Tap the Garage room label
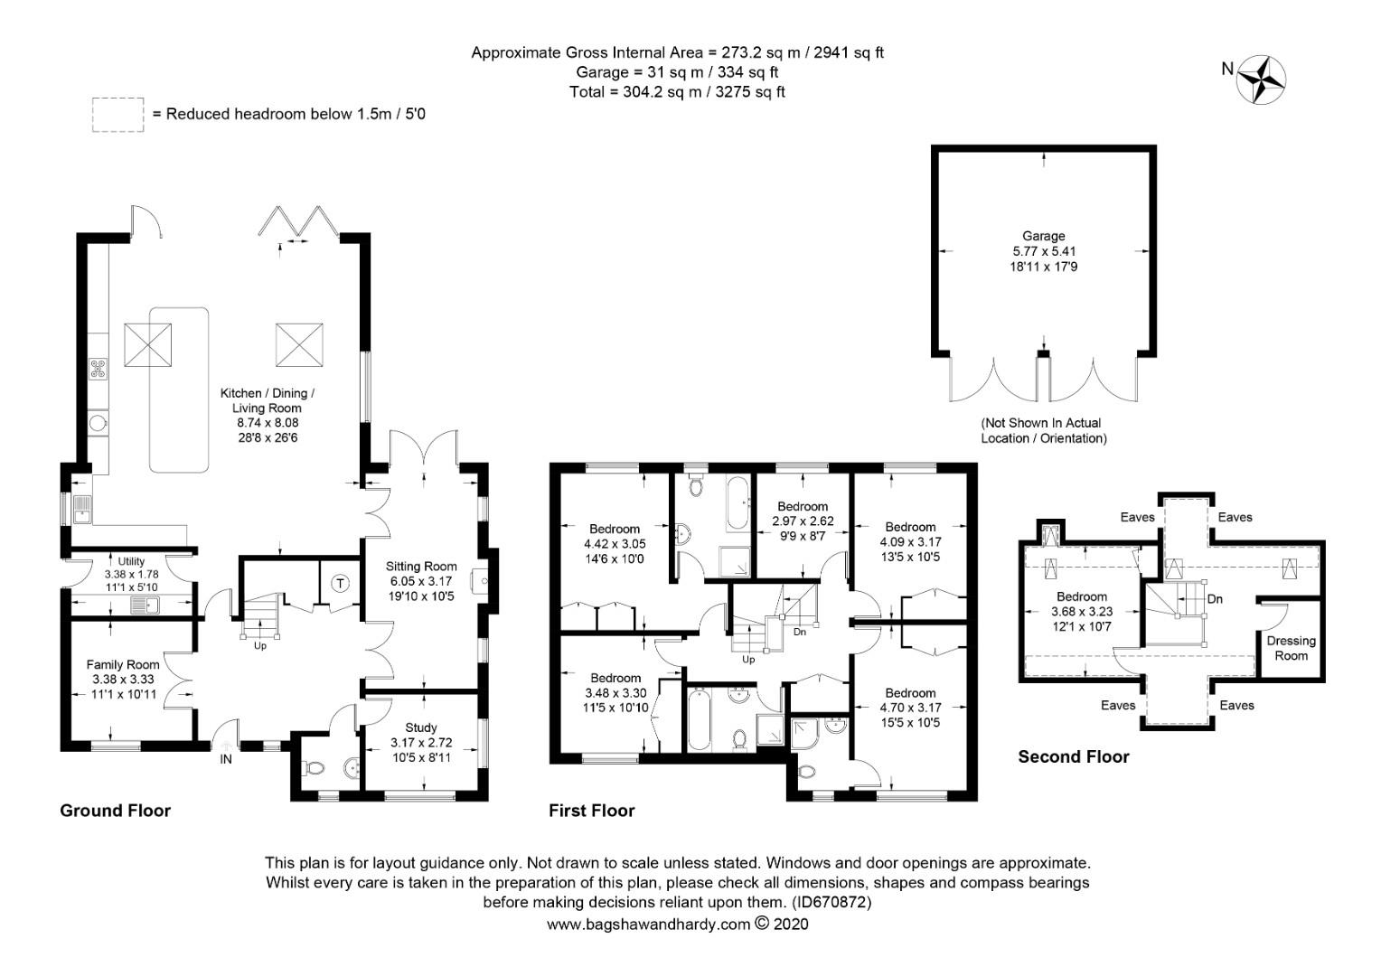coord(1044,236)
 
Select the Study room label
coord(421,727)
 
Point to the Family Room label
coord(123,664)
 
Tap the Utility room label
coord(132,561)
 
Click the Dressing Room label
coord(1291,648)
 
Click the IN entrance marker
coord(226,759)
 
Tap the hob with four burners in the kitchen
coord(98,368)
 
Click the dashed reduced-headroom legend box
coord(117,115)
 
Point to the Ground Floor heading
coord(115,811)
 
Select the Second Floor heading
coord(1074,756)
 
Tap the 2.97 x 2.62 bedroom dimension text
coord(803,521)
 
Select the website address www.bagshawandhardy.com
coord(648,924)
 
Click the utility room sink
coord(144,605)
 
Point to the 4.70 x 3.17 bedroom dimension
coord(910,708)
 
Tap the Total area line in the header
coord(677,91)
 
